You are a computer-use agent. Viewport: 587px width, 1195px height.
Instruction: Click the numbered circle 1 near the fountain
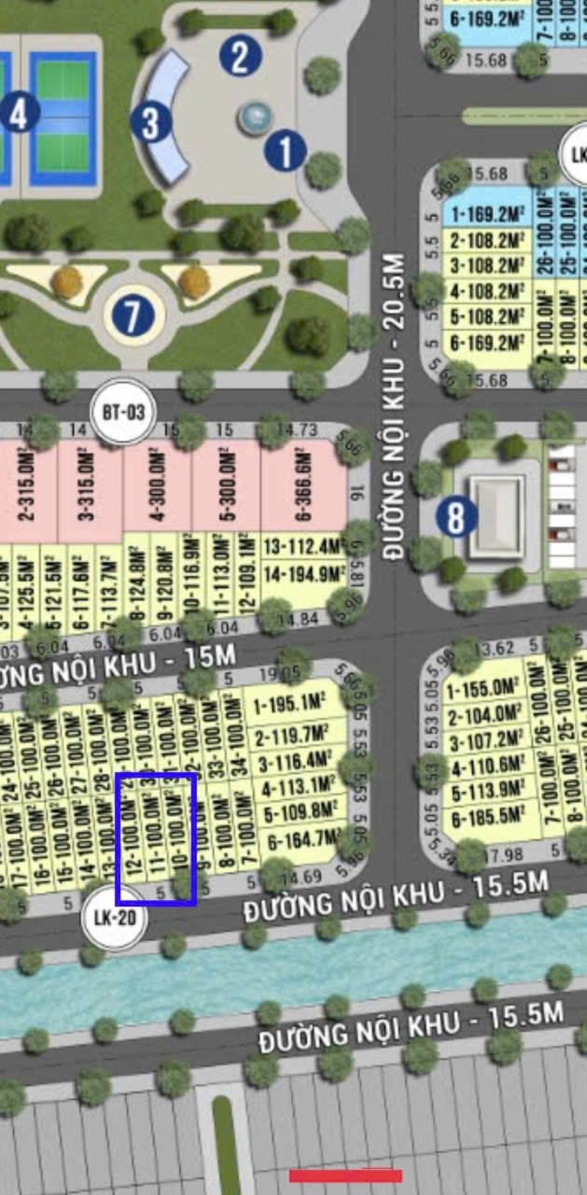286,150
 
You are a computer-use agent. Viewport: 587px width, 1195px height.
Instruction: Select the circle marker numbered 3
151,122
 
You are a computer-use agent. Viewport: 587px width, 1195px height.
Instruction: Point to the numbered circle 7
133,316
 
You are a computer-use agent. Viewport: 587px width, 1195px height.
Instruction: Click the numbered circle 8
455,516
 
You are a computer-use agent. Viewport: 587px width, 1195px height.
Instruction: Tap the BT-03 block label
123,411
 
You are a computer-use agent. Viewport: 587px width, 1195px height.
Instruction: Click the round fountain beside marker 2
255,117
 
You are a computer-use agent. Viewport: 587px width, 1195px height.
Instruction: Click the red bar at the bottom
345,1175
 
